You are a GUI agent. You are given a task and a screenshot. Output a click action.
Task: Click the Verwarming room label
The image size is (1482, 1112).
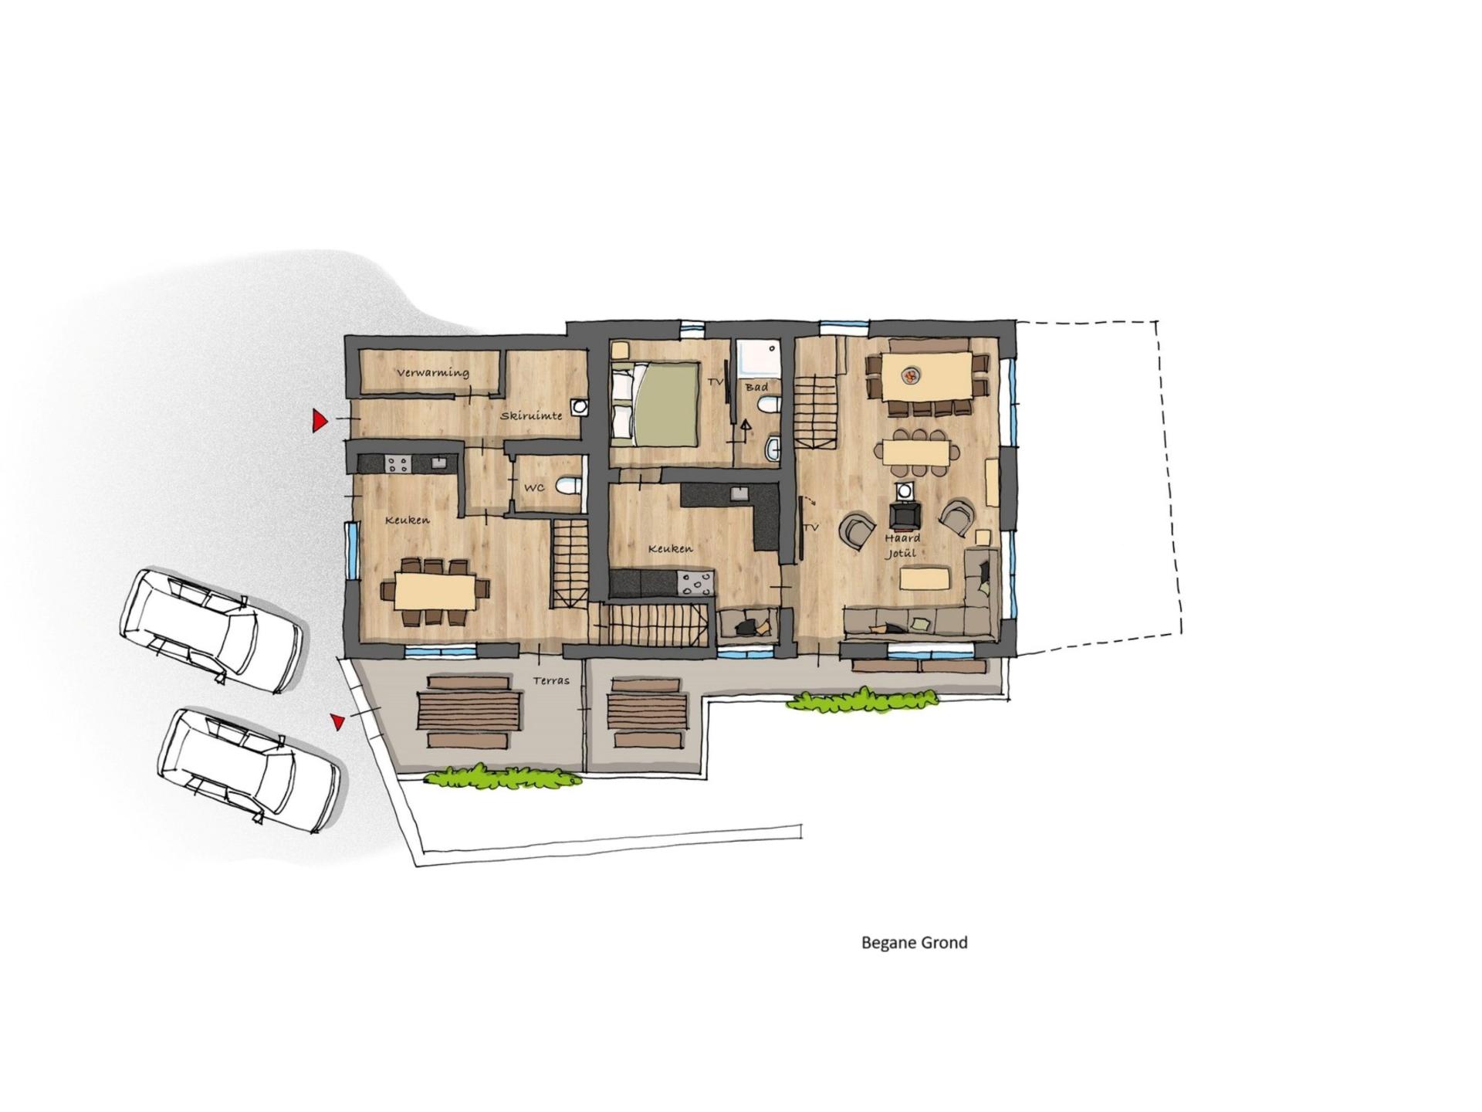[433, 372]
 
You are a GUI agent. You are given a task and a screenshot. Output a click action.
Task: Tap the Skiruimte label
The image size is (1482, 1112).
[531, 415]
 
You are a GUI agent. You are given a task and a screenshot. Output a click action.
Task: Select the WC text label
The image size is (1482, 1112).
[534, 488]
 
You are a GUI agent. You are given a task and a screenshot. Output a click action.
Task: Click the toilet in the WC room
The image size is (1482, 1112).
[568, 485]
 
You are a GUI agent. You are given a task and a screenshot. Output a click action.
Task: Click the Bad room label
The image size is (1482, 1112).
[756, 386]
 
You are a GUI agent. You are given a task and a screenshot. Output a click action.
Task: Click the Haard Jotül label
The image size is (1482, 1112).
[902, 545]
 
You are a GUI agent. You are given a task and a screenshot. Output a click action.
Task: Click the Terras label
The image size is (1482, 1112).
[551, 680]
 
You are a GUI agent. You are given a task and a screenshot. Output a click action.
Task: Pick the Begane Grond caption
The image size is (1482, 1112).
[914, 942]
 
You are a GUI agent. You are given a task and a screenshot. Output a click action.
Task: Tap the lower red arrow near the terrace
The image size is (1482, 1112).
[337, 721]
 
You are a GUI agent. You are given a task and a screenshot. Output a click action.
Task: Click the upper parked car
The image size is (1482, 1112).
[211, 630]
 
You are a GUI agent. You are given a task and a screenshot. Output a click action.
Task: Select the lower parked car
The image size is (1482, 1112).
[249, 770]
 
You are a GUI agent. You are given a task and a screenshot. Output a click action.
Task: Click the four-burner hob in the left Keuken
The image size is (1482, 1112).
[398, 463]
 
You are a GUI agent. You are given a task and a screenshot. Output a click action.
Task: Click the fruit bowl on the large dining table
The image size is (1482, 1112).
[912, 376]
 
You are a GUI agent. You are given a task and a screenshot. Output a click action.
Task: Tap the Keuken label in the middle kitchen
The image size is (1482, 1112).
[670, 548]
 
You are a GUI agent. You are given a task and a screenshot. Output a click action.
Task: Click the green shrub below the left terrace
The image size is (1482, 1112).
[502, 776]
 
